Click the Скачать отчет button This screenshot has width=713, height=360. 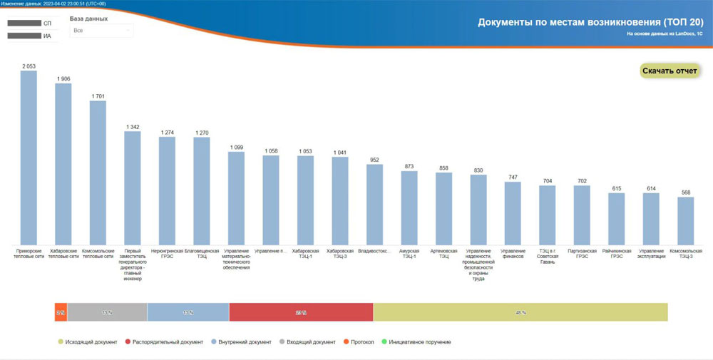pos(670,71)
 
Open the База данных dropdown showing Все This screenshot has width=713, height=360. pos(101,31)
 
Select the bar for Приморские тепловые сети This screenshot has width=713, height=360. pos(29,157)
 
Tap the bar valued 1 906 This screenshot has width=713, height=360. pos(63,164)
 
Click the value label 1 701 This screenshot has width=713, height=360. pos(98,96)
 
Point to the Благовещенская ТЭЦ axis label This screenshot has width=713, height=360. pos(202,254)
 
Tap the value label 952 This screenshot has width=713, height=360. pos(374,160)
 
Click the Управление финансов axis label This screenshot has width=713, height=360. pos(513,254)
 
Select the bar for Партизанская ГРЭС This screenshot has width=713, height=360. pos(582,215)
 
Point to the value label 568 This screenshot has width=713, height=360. pos(685,192)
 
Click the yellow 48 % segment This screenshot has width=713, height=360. pos(520,312)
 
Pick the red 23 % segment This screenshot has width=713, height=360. pos(301,312)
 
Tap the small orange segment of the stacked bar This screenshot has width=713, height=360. pos(61,312)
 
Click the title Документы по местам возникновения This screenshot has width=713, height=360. pos(590,22)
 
